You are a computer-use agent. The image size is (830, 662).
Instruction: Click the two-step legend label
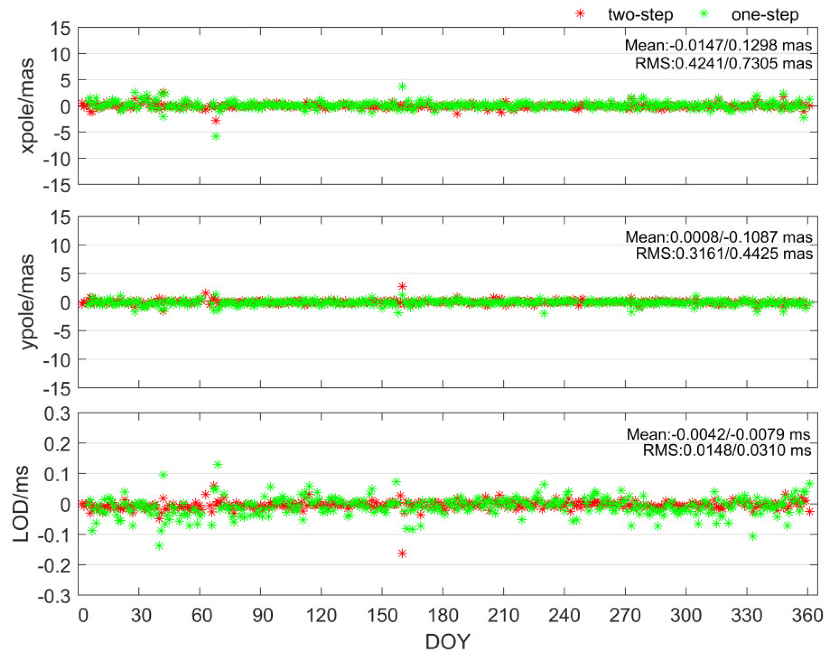point(640,15)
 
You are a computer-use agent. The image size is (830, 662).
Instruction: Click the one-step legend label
point(765,15)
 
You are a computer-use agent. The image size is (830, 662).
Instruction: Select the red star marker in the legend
point(580,14)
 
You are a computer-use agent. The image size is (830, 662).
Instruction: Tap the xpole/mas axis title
point(27,106)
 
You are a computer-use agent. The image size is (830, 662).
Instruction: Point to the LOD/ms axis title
point(21,504)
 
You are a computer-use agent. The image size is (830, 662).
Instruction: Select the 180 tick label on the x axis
point(443,615)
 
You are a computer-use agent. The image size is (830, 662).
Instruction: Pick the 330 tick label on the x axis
point(746,615)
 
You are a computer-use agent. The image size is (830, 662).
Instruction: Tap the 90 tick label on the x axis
point(262,615)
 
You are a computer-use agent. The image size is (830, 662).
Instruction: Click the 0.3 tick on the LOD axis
point(57,414)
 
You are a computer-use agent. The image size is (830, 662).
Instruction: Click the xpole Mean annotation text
point(718,45)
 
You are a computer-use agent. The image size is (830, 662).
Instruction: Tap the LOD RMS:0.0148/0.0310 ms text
point(727,450)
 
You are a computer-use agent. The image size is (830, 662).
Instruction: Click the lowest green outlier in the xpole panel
point(216,136)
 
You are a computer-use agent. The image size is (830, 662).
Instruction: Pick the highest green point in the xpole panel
point(402,86)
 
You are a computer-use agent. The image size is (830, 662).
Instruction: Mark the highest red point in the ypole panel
point(402,286)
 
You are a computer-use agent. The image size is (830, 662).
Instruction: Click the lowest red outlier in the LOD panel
point(402,553)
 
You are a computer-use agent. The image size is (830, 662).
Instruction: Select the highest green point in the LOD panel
point(218,465)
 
